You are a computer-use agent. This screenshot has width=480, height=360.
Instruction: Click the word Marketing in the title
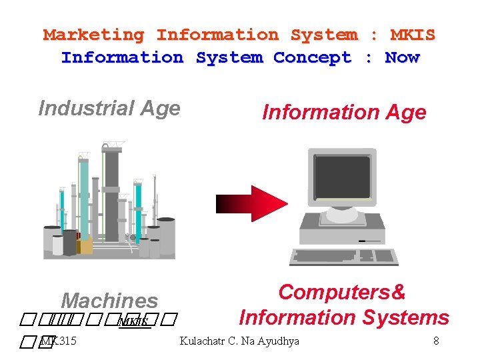(94, 35)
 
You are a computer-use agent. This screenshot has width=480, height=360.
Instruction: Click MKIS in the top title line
(413, 35)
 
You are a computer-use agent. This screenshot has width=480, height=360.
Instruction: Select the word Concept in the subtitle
(312, 57)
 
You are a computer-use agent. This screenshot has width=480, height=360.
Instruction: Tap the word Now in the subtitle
(402, 57)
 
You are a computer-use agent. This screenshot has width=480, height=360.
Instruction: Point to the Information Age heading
(344, 112)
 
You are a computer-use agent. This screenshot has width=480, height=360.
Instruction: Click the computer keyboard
(344, 256)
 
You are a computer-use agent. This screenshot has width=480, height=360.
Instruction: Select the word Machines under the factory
(109, 301)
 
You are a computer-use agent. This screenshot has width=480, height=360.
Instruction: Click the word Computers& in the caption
(342, 292)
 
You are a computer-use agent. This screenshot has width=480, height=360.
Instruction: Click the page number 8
(436, 341)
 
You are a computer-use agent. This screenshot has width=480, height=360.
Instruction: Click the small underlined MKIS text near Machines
(132, 323)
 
